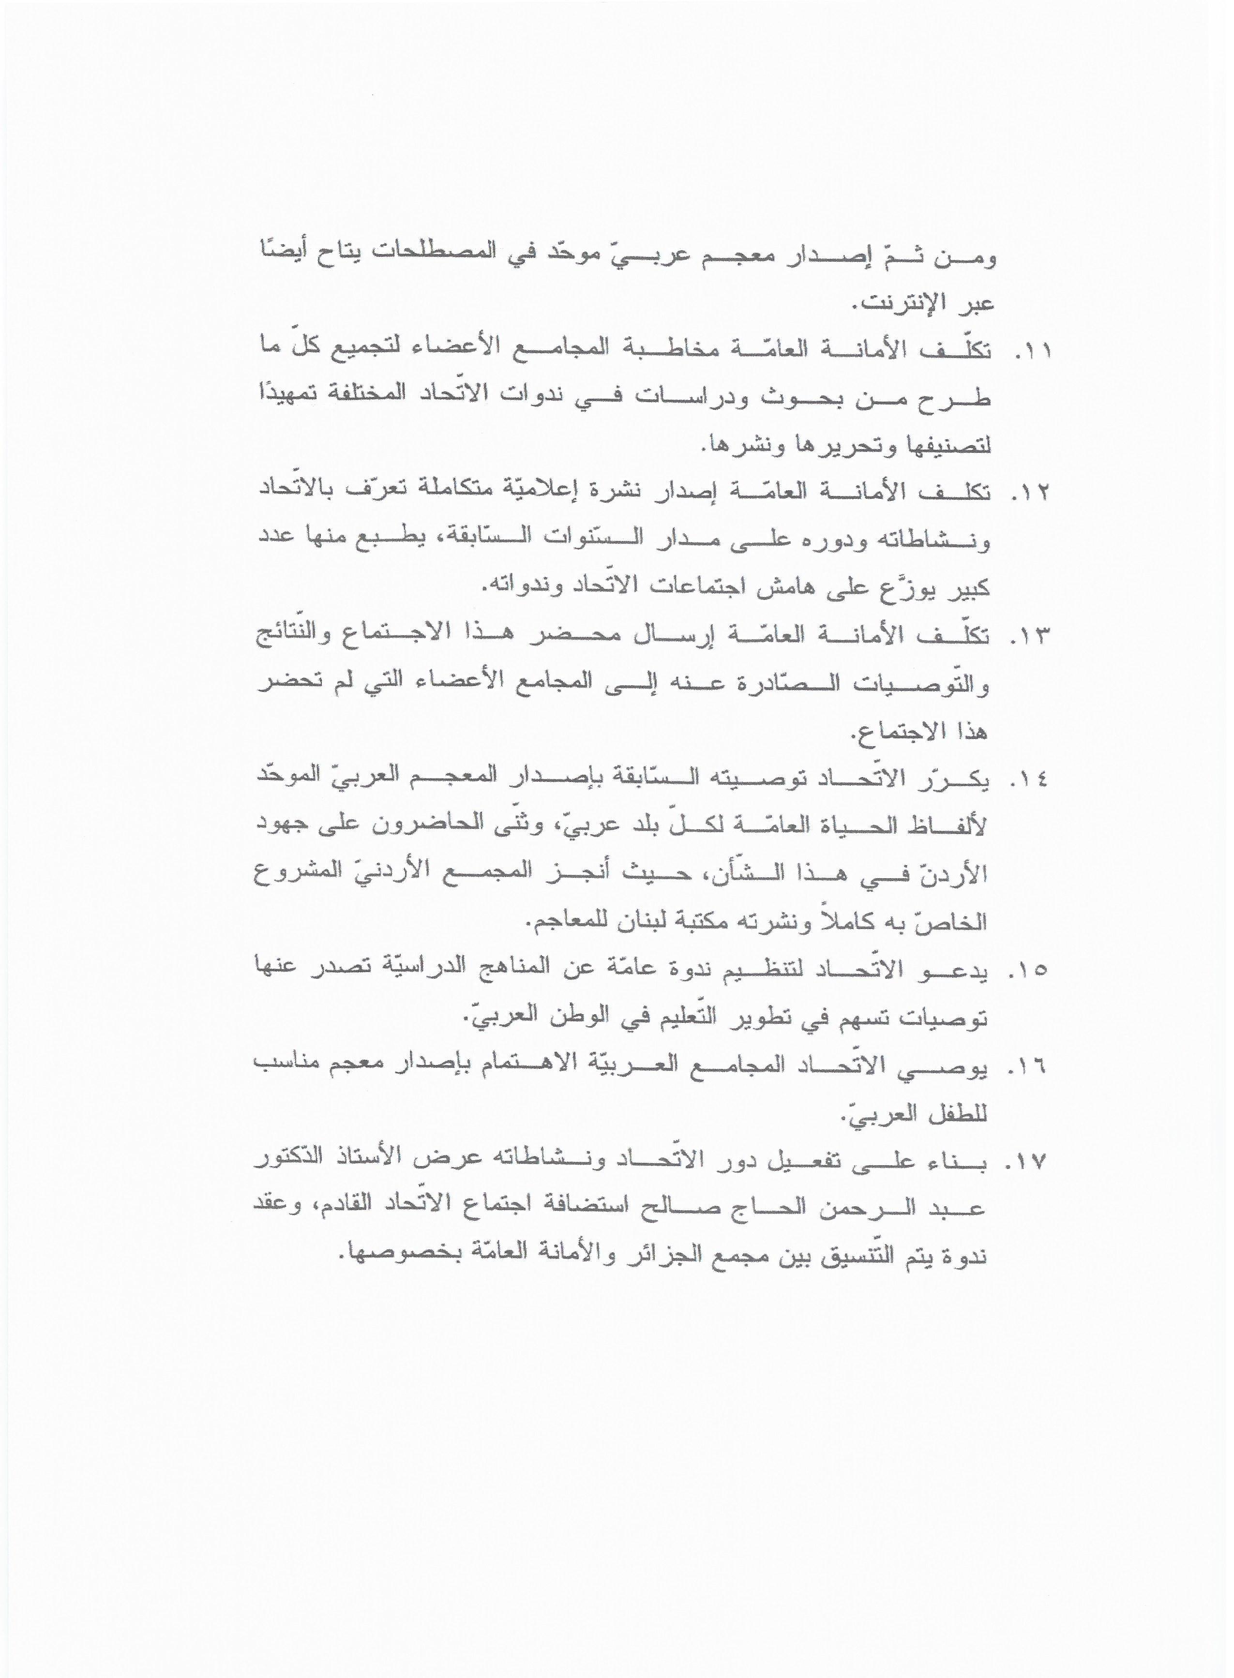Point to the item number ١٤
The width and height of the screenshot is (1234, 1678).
point(1029,780)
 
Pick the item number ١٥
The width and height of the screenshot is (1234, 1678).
point(1029,971)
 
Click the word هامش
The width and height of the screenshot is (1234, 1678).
point(732,589)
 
